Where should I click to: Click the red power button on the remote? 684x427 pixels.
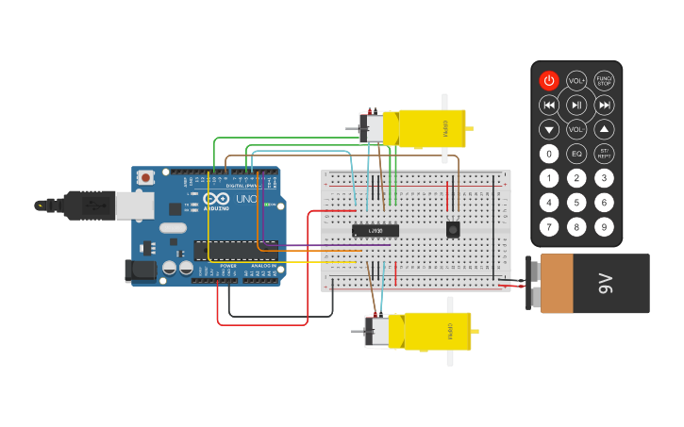(549, 81)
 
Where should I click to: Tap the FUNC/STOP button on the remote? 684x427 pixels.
(605, 81)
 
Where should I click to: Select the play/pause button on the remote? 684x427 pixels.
(576, 105)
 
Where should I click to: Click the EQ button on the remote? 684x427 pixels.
(576, 154)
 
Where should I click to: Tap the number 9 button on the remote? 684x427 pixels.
(605, 227)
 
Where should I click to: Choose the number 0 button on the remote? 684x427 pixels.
(549, 154)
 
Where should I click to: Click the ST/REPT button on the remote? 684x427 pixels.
(605, 154)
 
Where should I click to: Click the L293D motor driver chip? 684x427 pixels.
(375, 231)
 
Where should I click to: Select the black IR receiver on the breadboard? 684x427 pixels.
(453, 229)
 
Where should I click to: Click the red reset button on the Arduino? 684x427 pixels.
(145, 177)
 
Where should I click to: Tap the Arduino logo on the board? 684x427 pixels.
(215, 200)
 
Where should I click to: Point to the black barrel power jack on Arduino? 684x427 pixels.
(141, 271)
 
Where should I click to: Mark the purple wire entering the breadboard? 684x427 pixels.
(330, 246)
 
